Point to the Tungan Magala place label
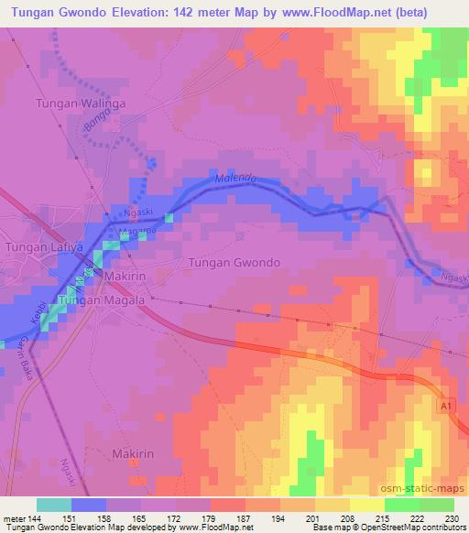pos(101,299)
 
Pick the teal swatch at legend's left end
pos(54,505)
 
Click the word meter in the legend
pos(16,519)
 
